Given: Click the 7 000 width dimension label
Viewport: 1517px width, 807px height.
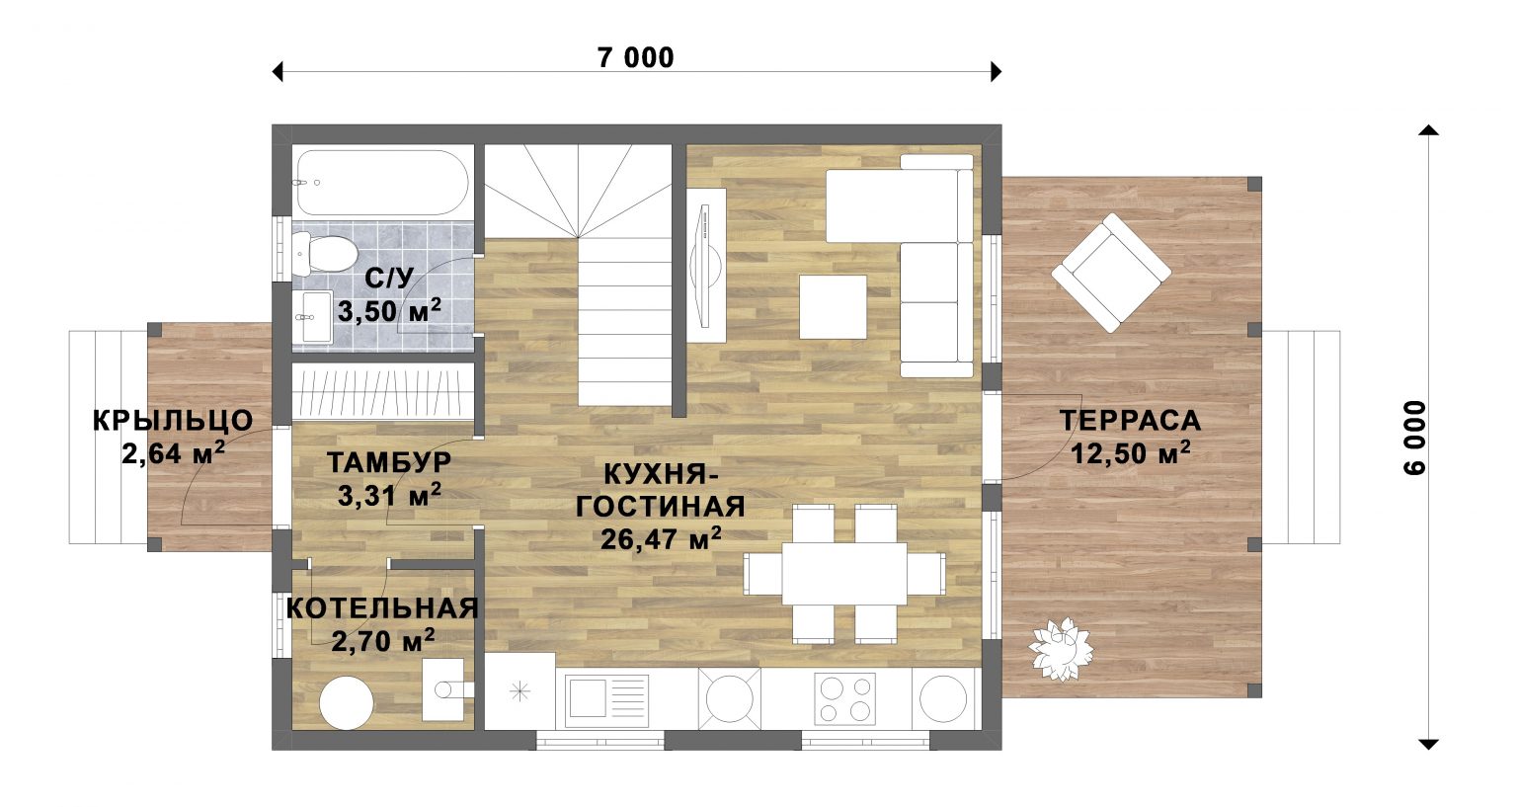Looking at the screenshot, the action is (636, 58).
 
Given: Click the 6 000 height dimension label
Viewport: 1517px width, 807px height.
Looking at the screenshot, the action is (1415, 438).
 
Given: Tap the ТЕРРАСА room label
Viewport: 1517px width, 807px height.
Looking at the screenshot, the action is (1130, 421).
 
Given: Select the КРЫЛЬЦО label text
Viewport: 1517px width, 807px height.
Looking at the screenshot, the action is (173, 421).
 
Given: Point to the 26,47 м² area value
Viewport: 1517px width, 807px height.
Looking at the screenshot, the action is (661, 538).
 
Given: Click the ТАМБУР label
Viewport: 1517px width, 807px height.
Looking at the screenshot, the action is (389, 462).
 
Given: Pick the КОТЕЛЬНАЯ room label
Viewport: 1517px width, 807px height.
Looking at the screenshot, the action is (382, 608).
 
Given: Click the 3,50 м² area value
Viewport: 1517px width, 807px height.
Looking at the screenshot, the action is (389, 312).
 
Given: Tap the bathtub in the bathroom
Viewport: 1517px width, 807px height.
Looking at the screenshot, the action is (382, 183).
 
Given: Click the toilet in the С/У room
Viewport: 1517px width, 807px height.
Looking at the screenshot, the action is (324, 253).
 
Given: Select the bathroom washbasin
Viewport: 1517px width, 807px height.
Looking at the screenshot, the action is (314, 317).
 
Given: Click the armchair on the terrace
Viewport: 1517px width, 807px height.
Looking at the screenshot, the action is (1111, 273).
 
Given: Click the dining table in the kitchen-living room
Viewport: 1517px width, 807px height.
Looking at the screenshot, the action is (844, 574).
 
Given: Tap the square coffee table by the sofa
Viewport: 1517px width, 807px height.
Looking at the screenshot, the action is (833, 307).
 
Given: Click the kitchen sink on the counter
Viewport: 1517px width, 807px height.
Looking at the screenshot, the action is (602, 700).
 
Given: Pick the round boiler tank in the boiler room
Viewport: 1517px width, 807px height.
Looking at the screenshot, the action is (347, 702).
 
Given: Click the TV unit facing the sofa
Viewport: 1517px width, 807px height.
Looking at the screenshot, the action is (706, 265).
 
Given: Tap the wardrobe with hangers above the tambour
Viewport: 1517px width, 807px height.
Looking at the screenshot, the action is (382, 392).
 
